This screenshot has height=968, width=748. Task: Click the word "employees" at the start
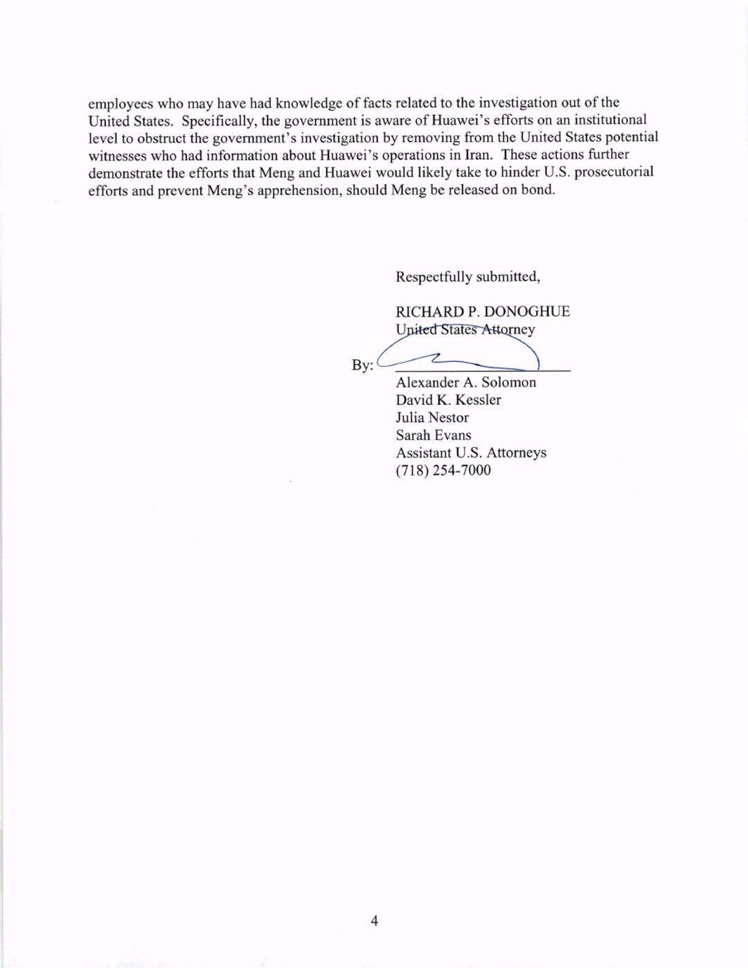pyautogui.click(x=121, y=104)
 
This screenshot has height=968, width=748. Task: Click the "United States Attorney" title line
pyautogui.click(x=465, y=329)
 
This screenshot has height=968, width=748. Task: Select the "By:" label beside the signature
pyautogui.click(x=362, y=365)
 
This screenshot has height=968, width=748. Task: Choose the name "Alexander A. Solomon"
pyautogui.click(x=465, y=383)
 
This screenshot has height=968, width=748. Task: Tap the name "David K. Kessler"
pyautogui.click(x=448, y=400)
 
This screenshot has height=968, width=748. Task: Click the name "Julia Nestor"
pyautogui.click(x=432, y=417)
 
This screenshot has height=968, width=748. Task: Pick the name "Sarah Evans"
pyautogui.click(x=433, y=435)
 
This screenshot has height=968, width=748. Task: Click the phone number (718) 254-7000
pyautogui.click(x=443, y=471)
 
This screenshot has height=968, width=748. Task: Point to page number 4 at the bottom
pyautogui.click(x=375, y=920)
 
